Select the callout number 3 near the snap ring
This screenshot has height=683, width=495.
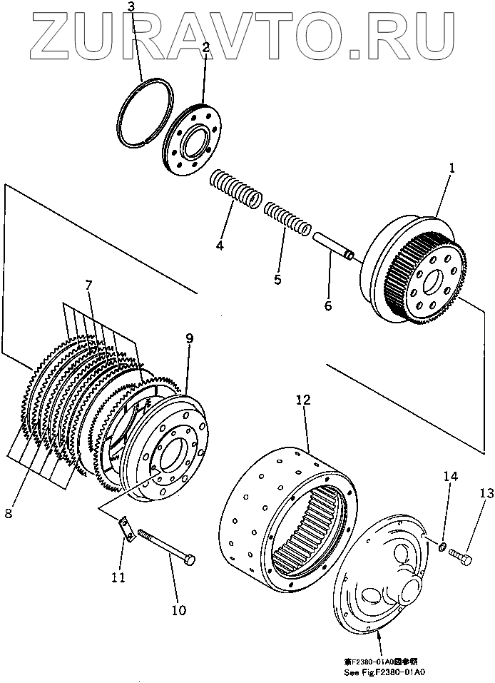131,8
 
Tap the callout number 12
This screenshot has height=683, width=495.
303,401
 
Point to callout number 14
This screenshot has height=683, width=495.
448,475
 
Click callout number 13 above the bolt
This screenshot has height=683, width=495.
486,492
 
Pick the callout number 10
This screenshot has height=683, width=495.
178,610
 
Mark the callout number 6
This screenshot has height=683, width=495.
328,305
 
